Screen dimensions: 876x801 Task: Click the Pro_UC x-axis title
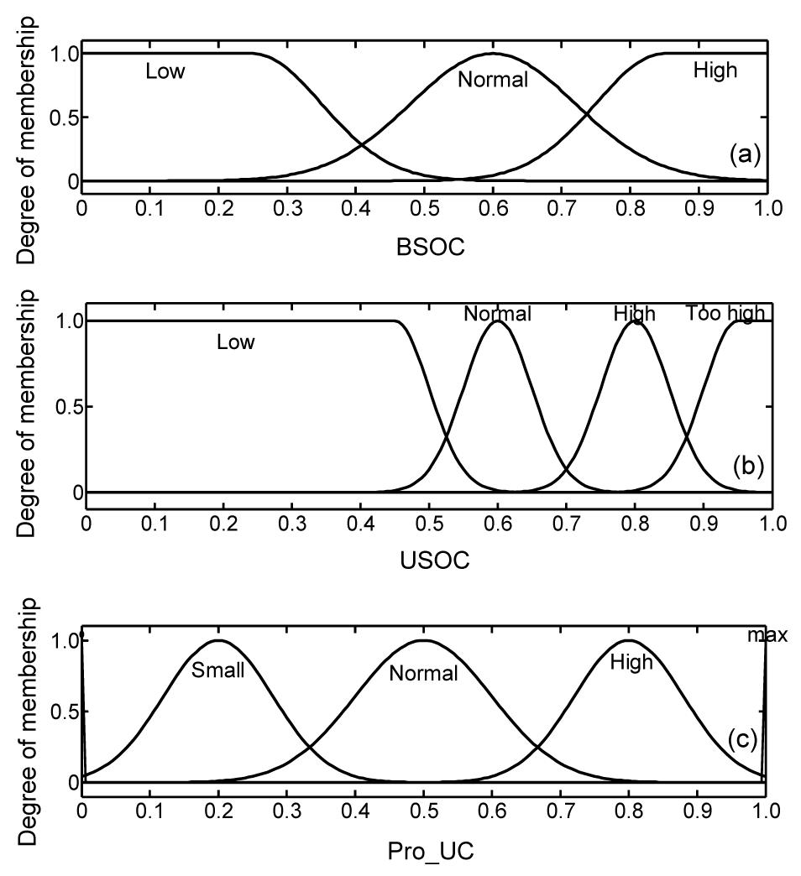[431, 853]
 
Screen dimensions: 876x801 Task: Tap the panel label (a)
[745, 154]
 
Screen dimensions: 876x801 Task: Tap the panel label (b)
[746, 464]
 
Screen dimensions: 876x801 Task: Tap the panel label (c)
[743, 739]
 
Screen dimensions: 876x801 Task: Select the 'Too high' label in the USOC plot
[725, 314]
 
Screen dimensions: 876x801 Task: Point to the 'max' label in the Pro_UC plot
[767, 635]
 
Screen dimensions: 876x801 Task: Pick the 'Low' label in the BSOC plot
[165, 71]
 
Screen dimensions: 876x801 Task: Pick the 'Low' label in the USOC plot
[235, 342]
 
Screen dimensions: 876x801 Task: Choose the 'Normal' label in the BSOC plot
[493, 81]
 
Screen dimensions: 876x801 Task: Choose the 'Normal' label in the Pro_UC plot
[423, 673]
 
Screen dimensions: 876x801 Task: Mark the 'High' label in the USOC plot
[634, 315]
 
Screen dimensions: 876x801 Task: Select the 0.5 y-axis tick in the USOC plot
[66, 407]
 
